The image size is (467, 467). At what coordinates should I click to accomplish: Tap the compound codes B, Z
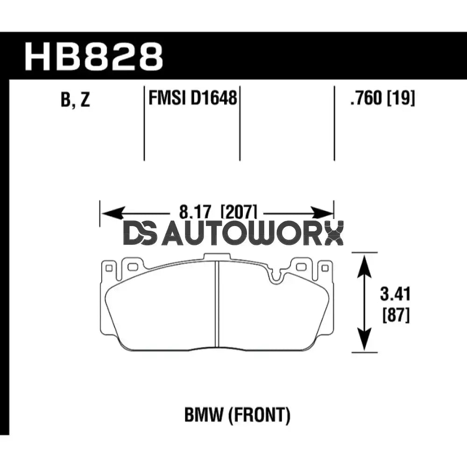(75, 100)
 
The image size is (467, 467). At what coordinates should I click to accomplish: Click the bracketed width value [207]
(238, 214)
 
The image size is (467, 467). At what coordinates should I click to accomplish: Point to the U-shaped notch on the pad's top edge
(276, 277)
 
